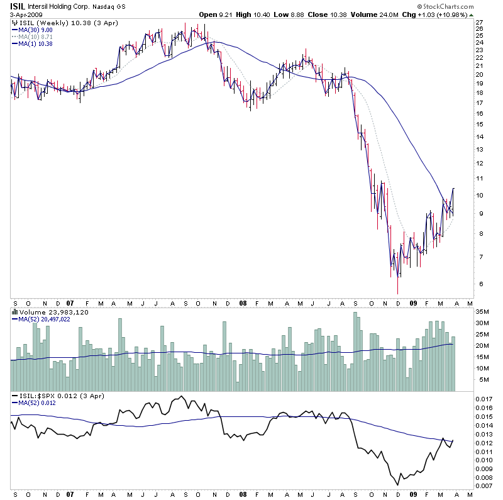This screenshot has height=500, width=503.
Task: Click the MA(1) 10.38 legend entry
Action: tap(35, 43)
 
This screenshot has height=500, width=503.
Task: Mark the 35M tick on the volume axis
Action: tap(482, 312)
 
